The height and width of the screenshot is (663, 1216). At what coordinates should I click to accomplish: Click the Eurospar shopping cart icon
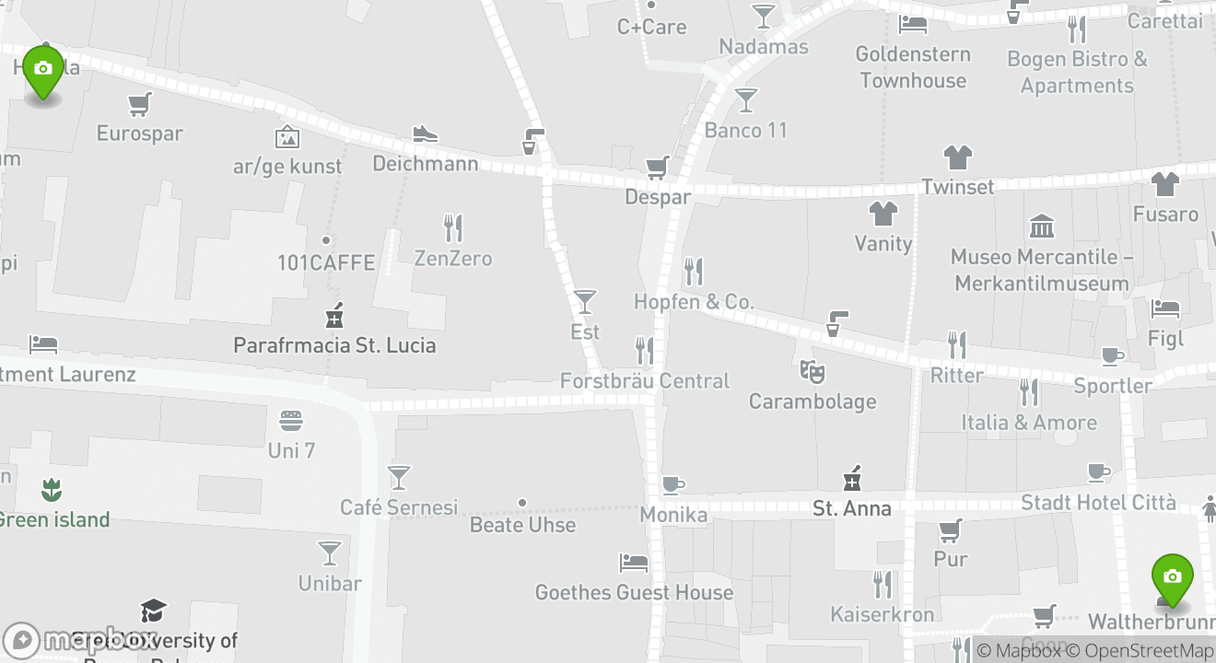tap(139, 105)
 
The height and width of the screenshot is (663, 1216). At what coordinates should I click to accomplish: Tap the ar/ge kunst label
tap(287, 166)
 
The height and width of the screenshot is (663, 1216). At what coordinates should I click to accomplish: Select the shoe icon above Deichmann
tap(425, 134)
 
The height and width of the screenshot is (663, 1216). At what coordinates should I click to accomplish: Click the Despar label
tap(658, 196)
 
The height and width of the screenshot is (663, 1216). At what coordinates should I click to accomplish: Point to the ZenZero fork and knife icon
tap(452, 227)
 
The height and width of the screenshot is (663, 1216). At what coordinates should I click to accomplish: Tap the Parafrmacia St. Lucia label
tap(334, 345)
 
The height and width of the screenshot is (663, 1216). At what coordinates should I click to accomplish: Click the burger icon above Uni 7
tap(291, 421)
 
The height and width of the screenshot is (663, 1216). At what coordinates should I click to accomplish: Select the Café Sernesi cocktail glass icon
tap(399, 477)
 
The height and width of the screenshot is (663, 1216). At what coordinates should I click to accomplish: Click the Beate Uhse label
tap(522, 525)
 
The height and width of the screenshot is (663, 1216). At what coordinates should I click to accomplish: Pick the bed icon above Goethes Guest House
tap(634, 561)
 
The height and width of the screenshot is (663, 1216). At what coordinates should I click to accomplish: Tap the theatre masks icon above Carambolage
tap(812, 371)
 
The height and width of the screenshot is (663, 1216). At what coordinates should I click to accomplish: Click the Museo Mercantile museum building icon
tap(1042, 226)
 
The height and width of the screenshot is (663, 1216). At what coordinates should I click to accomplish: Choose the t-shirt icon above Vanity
tap(883, 214)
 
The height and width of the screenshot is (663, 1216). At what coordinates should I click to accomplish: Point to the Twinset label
tap(958, 187)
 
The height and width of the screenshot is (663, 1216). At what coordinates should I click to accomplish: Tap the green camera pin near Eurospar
tap(42, 70)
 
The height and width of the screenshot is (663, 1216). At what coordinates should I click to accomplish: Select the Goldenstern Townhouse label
tap(913, 67)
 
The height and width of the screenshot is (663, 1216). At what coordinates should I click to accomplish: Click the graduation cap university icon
tap(153, 611)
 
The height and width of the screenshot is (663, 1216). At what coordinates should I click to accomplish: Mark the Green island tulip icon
tap(51, 490)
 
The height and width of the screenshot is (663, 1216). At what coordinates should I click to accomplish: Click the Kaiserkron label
tap(882, 613)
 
